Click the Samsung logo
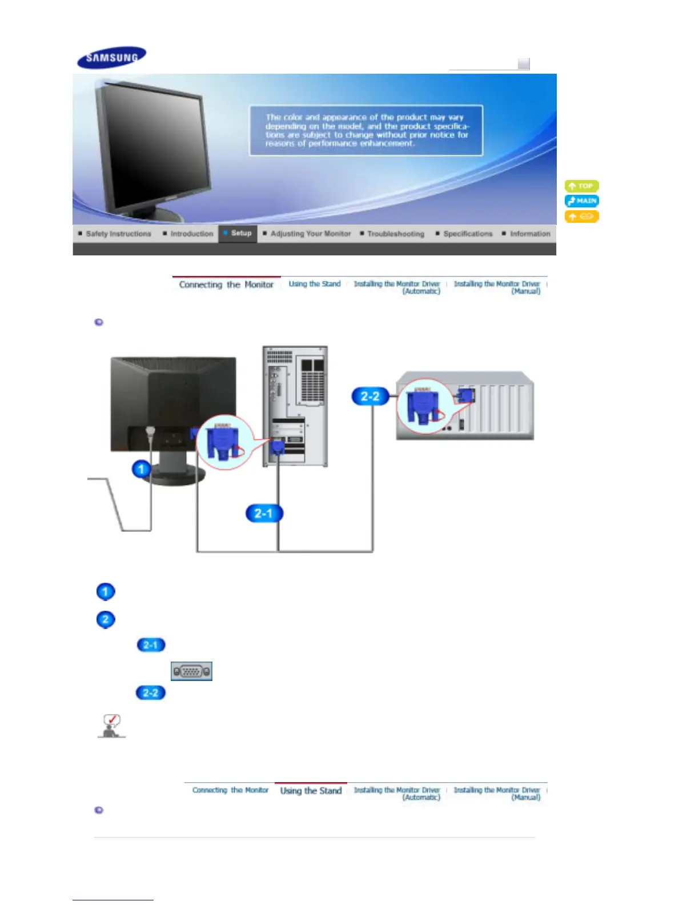[x=112, y=57]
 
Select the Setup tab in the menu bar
[x=238, y=233]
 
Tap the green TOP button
[x=581, y=186]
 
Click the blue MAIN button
[x=581, y=201]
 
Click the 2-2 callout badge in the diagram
[x=370, y=396]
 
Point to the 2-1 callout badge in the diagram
[x=264, y=513]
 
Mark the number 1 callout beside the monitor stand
[x=141, y=470]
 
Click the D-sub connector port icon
[x=191, y=671]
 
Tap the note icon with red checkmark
[x=111, y=726]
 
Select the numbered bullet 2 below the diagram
[x=106, y=619]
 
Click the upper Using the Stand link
[x=314, y=284]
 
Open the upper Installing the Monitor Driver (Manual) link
[x=497, y=287]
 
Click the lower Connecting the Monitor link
[x=230, y=790]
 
